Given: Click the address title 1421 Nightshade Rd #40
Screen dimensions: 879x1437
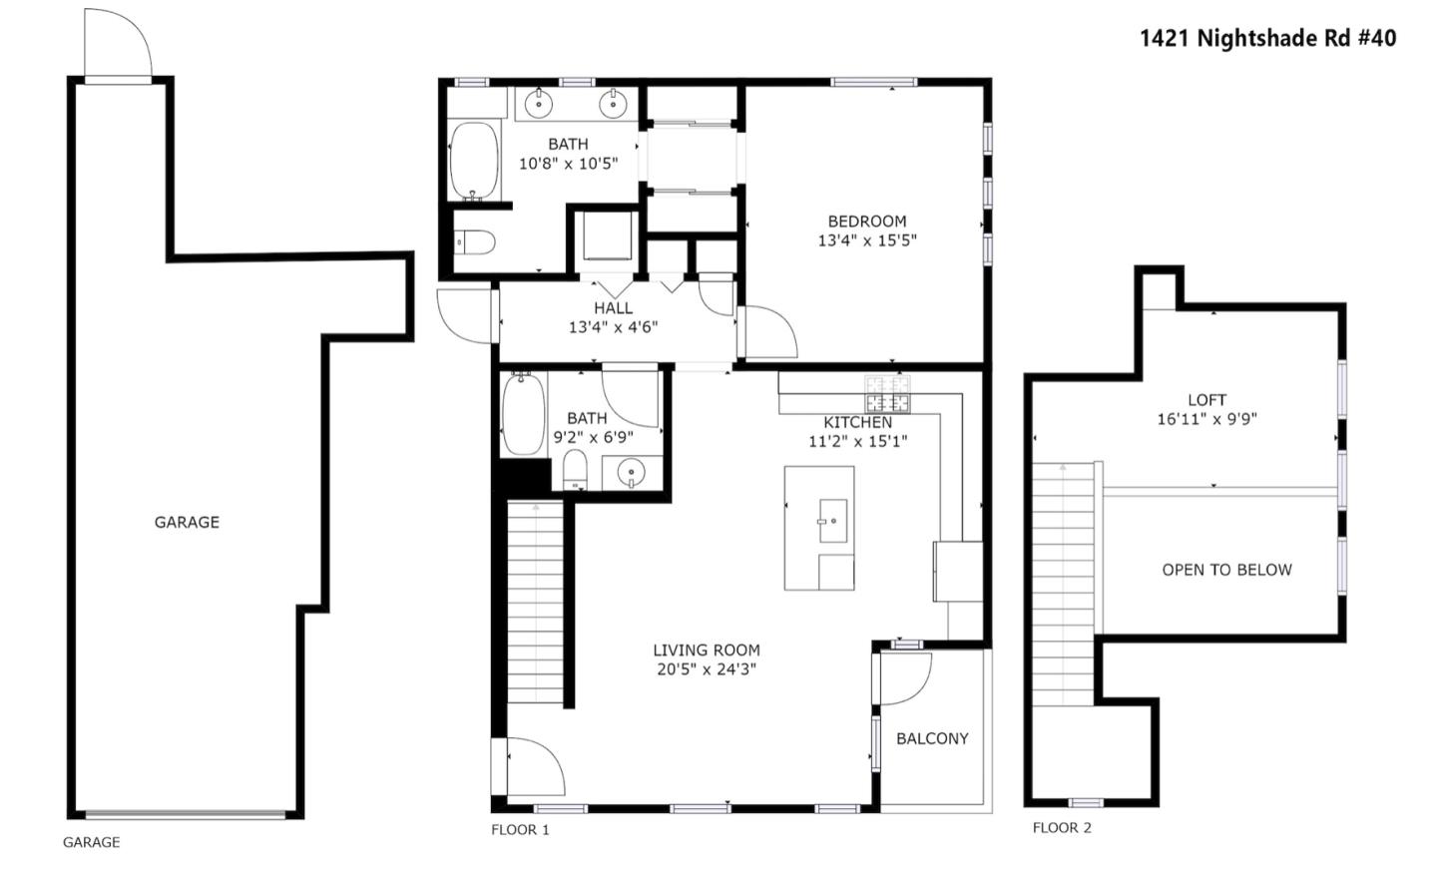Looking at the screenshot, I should [x=1267, y=38].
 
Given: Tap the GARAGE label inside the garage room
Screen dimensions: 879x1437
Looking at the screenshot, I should [x=187, y=522].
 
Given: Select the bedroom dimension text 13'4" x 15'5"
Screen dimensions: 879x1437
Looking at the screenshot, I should [x=866, y=240].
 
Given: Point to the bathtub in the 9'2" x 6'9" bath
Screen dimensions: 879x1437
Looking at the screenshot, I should [x=522, y=414].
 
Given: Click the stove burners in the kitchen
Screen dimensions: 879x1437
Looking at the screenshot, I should [x=887, y=394].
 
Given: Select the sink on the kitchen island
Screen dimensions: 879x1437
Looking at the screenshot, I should [x=832, y=521].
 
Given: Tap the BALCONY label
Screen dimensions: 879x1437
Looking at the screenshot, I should [x=932, y=738].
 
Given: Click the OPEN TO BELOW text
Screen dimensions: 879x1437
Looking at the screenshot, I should [x=1226, y=570].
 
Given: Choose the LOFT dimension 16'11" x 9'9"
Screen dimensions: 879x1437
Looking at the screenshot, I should [x=1206, y=419].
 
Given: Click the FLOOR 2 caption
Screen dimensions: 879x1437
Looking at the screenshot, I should [x=1062, y=827].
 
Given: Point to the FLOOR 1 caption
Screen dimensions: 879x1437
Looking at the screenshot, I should [x=520, y=829].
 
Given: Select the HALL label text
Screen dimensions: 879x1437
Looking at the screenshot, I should [x=613, y=308].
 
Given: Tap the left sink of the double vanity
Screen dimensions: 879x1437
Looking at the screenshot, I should [x=539, y=102].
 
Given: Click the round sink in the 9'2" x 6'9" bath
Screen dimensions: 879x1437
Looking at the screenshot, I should [x=631, y=472].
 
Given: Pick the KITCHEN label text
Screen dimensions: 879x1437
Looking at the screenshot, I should [x=857, y=422].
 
